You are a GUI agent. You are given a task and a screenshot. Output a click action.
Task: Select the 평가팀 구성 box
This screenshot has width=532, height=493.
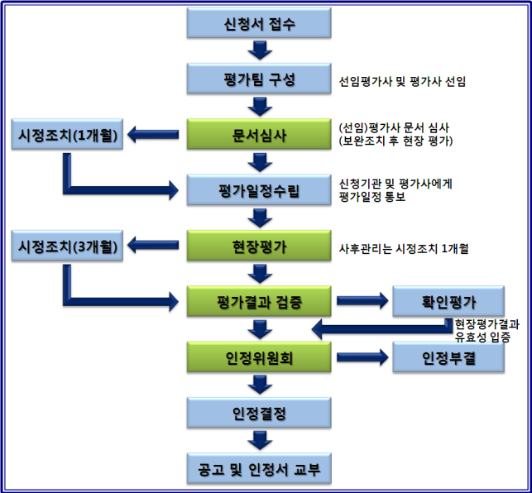click(x=259, y=80)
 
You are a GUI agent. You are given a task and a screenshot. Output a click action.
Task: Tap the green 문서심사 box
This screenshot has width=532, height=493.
click(x=259, y=136)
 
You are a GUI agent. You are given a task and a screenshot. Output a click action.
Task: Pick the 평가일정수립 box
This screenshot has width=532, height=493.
click(x=259, y=191)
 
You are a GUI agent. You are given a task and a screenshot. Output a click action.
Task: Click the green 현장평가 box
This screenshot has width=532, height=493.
click(x=259, y=246)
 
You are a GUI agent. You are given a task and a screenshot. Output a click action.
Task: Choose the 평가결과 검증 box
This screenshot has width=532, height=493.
click(x=259, y=301)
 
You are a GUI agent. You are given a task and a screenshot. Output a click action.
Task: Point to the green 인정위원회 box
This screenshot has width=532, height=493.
click(x=259, y=358)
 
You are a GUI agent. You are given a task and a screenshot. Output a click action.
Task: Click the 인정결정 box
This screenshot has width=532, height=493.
click(x=259, y=413)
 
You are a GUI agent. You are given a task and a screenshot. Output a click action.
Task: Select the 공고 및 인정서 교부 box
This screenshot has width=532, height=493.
click(x=259, y=469)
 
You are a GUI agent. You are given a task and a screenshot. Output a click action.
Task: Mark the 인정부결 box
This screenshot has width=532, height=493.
click(x=447, y=357)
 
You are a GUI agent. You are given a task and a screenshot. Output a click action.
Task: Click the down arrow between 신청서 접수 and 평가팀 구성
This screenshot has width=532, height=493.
click(x=259, y=52)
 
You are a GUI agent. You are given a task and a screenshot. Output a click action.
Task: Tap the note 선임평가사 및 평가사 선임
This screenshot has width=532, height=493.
click(x=402, y=82)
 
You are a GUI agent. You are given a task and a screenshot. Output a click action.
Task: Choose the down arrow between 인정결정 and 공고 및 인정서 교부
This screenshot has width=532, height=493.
click(x=259, y=441)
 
